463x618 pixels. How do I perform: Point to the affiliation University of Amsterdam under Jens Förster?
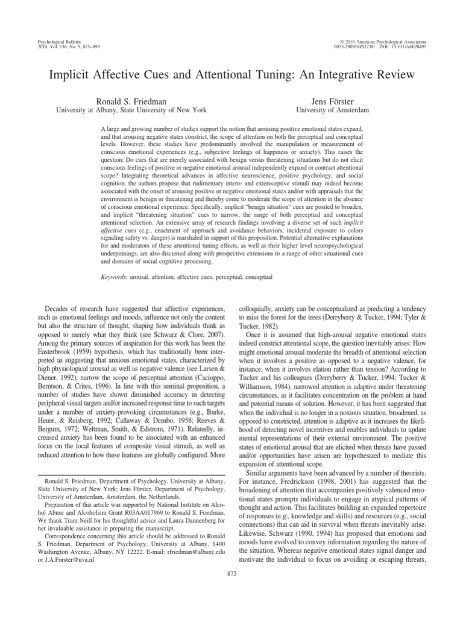coord(332,110)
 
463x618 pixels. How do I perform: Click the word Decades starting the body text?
coord(55,307)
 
